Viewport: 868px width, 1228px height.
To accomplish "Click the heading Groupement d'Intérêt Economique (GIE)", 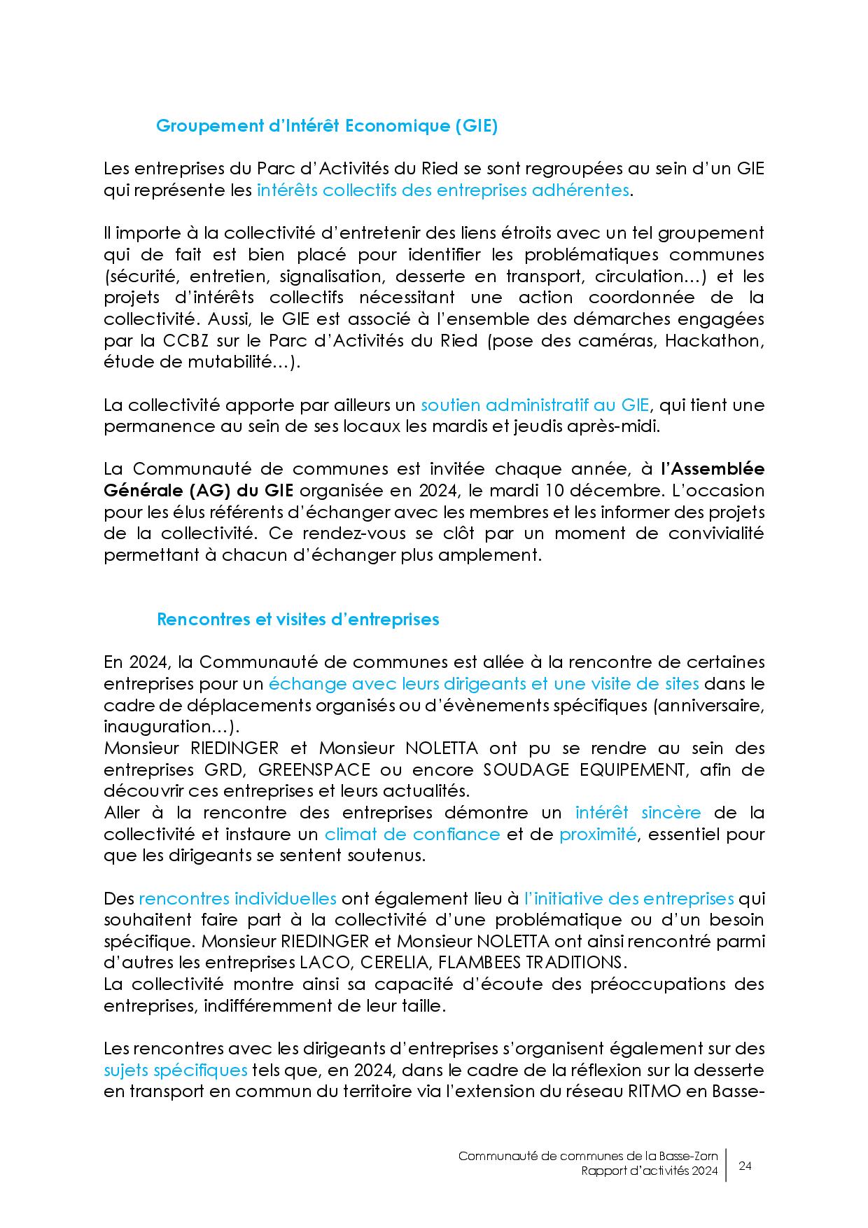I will (326, 126).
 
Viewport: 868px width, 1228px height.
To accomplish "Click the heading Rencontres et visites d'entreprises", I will (297, 620).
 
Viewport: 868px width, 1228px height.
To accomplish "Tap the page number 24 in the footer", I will (745, 1166).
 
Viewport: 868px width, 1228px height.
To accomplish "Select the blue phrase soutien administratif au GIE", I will (535, 405).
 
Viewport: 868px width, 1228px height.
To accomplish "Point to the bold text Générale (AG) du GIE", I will (198, 490).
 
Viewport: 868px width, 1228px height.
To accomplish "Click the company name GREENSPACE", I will (314, 769).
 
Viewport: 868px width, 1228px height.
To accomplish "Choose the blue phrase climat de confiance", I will (412, 834).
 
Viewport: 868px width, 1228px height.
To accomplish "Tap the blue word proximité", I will (598, 834).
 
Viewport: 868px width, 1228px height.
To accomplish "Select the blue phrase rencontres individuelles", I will (238, 898).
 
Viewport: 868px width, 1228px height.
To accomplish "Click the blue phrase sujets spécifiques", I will (176, 1070).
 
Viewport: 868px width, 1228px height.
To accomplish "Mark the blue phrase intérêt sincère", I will (638, 813).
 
